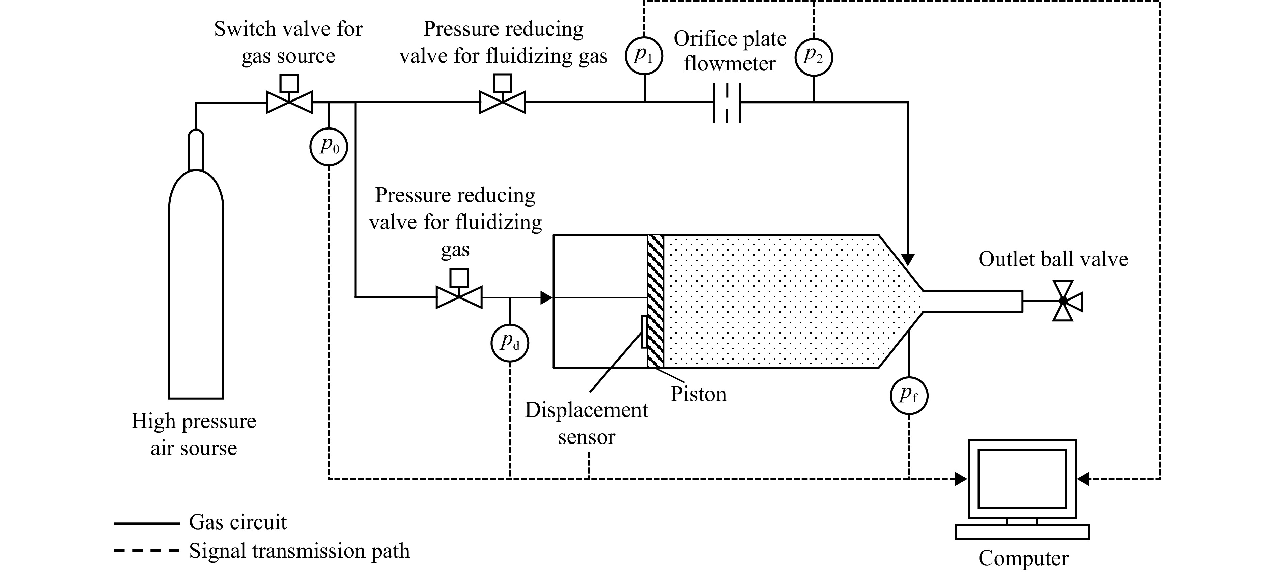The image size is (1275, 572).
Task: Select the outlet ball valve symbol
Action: [1063, 301]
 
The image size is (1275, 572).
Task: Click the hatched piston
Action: [655, 301]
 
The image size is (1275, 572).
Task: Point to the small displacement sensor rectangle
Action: [644, 332]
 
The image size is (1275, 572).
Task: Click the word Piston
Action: [698, 394]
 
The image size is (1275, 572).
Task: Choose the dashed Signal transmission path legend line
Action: [146, 550]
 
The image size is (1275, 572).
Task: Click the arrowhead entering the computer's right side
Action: [1083, 479]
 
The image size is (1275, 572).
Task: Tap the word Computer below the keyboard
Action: [1023, 559]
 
